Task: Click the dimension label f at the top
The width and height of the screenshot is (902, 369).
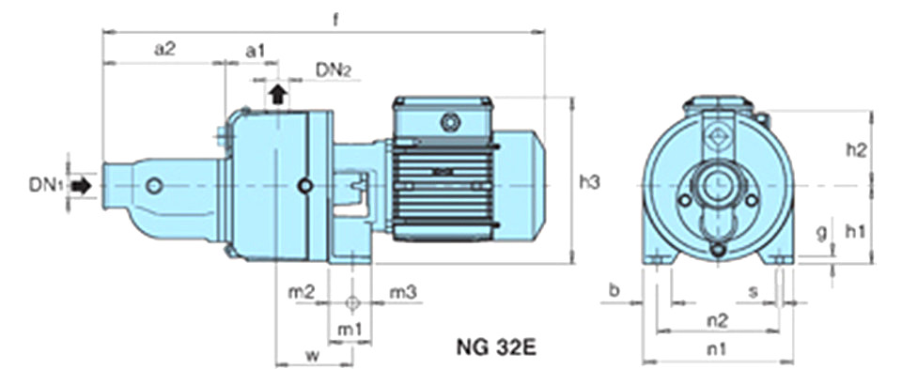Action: coord(335,19)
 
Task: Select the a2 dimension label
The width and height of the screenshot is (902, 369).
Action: coord(165,50)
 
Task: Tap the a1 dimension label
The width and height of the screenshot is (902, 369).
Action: coord(256,51)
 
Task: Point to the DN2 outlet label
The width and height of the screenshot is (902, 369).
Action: coord(333,70)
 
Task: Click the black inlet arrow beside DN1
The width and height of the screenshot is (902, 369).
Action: coord(81,186)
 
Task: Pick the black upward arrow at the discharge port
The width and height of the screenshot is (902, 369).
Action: coord(278,93)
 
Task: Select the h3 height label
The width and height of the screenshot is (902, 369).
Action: coord(590,183)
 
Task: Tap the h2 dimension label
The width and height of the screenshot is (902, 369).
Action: coord(856,150)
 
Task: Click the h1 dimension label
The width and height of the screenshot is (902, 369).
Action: coord(855,231)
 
